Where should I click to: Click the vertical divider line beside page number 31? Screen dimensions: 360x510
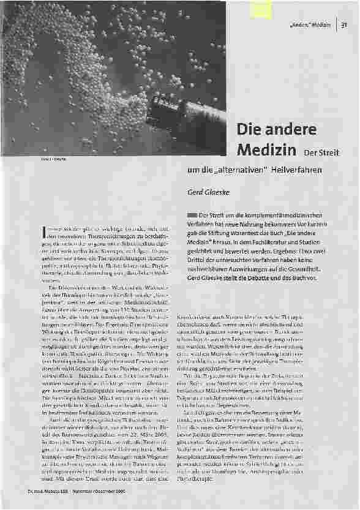pyautogui.click(x=336, y=24)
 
